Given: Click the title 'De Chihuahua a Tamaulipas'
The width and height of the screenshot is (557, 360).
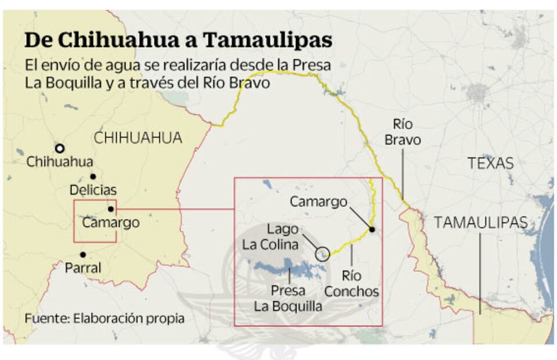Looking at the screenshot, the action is tap(178, 41).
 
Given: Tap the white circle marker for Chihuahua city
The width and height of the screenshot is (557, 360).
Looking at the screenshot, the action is tap(59, 148).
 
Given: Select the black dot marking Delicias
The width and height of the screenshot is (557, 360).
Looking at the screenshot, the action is tap(93, 177).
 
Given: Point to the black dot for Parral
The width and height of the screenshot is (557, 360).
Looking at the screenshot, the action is tap(83, 254).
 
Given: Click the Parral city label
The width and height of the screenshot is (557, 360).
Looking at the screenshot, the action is tap(83, 268).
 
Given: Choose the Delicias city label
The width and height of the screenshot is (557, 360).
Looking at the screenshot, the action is tap(93, 190).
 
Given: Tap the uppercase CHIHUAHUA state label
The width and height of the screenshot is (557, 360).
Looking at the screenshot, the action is tap(138, 138).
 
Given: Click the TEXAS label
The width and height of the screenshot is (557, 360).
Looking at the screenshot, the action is tap(490, 163).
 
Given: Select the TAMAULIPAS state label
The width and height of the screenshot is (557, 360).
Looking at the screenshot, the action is tap(481, 222).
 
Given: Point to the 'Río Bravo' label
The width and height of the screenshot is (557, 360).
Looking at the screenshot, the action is tap(407, 132).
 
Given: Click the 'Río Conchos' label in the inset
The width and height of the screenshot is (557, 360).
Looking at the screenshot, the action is tap(352, 283).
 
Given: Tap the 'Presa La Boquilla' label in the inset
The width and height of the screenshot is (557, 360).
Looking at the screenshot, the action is tap(288, 298).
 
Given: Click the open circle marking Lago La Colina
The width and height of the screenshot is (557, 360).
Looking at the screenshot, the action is tap(323, 254).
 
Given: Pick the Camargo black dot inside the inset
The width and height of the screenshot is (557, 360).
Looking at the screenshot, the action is tap(372, 229).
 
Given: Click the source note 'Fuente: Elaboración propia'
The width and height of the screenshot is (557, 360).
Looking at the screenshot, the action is tap(104, 318).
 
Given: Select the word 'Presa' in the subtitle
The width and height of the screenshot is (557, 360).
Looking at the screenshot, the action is tap(312, 65).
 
